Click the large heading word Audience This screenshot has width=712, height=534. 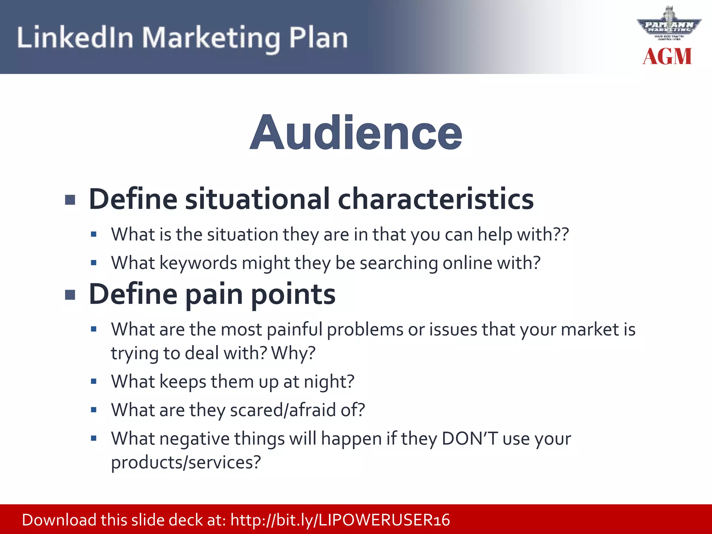tap(356, 133)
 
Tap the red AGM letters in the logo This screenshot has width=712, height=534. tap(667, 57)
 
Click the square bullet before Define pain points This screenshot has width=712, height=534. tap(70, 295)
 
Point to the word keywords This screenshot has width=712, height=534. tap(198, 263)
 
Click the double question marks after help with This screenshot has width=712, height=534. tap(560, 234)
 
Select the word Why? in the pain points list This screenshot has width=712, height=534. tap(293, 353)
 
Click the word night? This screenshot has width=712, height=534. tap(329, 382)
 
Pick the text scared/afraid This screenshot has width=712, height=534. tap(283, 410)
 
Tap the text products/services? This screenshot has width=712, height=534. tap(186, 462)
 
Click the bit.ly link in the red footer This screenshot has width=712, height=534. tap(340, 520)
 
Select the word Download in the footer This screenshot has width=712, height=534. tap(59, 520)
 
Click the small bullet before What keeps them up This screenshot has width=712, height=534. tap(94, 382)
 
